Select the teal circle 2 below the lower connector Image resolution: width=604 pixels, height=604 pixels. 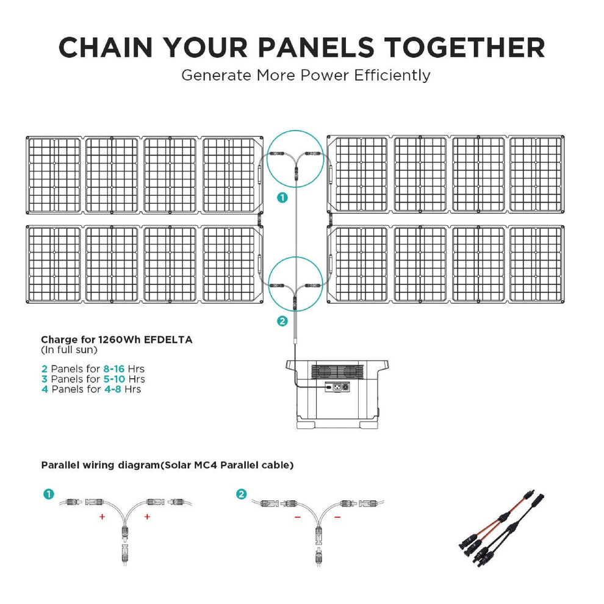(x=282, y=322)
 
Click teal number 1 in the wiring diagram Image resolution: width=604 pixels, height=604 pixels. (x=48, y=494)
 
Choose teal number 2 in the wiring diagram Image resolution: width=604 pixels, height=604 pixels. (x=242, y=494)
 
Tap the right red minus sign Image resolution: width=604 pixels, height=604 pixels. (x=337, y=517)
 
